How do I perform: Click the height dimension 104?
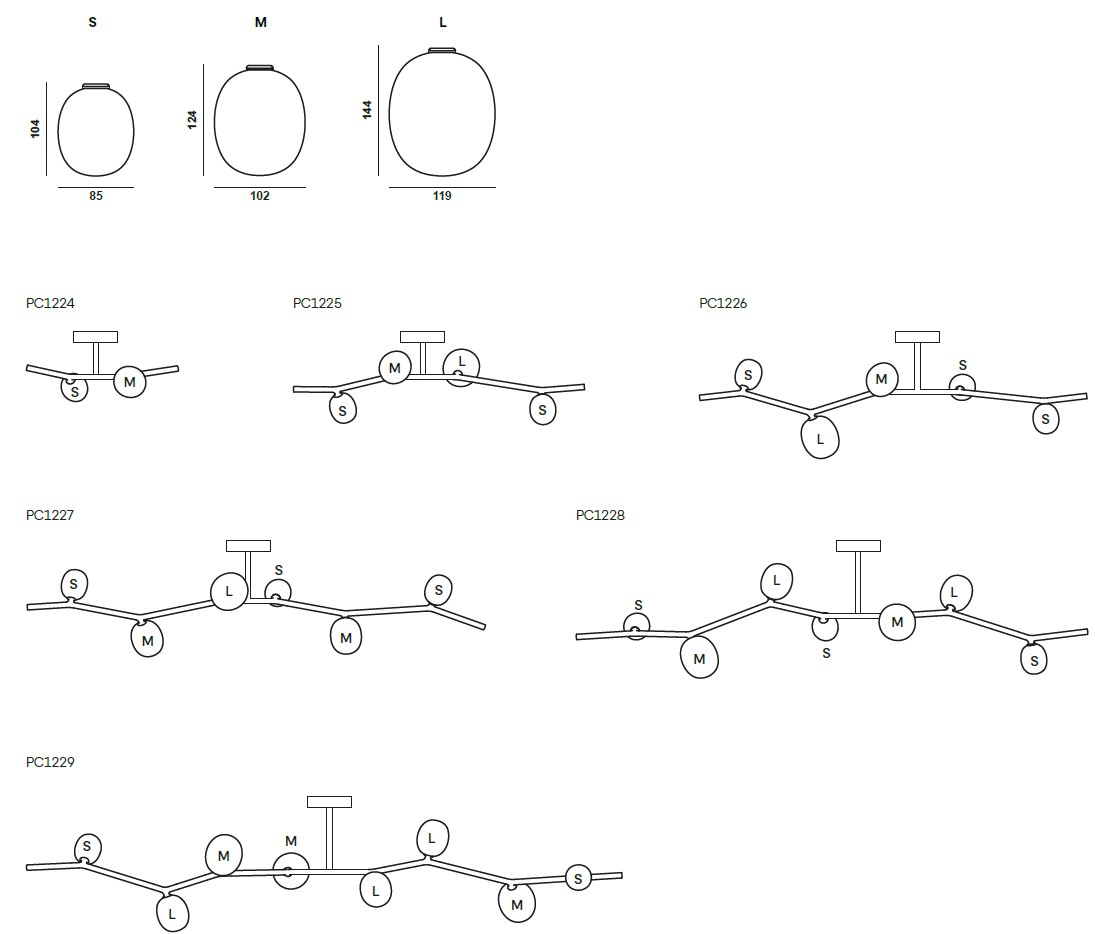click(x=35, y=128)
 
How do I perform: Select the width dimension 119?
click(x=442, y=196)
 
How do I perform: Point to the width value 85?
click(x=96, y=196)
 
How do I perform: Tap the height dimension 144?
click(x=367, y=110)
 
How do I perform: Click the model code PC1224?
click(x=50, y=303)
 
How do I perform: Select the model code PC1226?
click(x=723, y=303)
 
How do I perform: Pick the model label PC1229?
click(x=50, y=762)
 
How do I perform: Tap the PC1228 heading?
click(x=600, y=516)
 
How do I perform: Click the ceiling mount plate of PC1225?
click(x=422, y=337)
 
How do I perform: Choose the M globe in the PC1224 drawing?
click(x=129, y=381)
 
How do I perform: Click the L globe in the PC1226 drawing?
click(x=820, y=437)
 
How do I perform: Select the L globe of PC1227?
click(x=228, y=592)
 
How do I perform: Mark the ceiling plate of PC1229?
click(x=329, y=802)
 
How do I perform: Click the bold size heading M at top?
click(x=260, y=22)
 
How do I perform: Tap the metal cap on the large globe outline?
click(x=442, y=50)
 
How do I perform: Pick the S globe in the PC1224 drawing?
click(x=75, y=389)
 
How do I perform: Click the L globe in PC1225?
click(x=462, y=367)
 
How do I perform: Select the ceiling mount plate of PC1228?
click(x=858, y=546)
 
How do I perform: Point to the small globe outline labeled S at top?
click(x=96, y=131)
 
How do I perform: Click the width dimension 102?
click(x=260, y=196)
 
